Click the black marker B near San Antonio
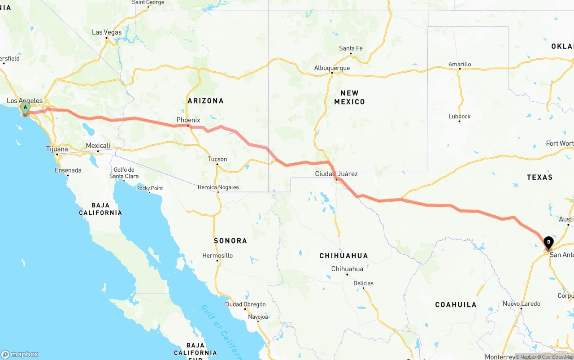548,243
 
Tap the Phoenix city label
188,120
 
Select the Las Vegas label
107,32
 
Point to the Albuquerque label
332,68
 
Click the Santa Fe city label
351,48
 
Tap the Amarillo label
460,65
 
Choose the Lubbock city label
460,117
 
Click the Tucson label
217,159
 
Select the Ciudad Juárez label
336,173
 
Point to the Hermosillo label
217,256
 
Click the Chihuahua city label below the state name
347,269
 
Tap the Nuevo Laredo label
522,304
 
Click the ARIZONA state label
205,101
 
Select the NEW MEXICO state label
349,97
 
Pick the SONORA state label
230,241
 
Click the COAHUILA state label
456,305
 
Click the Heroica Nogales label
218,187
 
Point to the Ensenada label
68,170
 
